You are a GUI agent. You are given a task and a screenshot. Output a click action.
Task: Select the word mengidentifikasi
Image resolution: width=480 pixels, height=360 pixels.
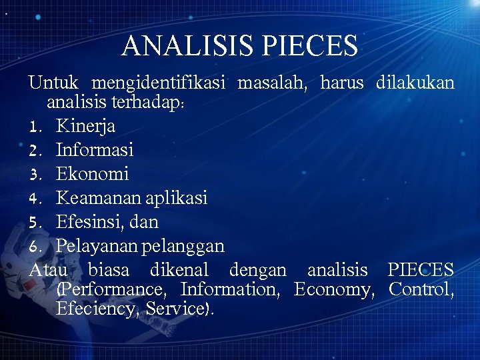pos(159,83)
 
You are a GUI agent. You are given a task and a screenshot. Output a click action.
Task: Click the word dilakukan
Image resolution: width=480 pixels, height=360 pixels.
pos(415,83)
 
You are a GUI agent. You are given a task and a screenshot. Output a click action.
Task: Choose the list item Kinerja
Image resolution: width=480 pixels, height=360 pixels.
pos(85,126)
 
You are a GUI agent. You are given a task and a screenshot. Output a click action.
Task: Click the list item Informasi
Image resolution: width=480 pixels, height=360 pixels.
pos(95,150)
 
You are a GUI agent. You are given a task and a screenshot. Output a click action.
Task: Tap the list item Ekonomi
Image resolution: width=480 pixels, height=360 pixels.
pos(92,174)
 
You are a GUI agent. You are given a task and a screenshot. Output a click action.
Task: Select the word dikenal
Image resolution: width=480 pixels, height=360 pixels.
pos(179,270)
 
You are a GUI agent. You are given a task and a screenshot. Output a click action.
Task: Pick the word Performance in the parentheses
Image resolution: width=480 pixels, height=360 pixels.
pos(111,290)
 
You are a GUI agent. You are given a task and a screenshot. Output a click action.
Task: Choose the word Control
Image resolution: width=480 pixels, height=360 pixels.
pos(421,290)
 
